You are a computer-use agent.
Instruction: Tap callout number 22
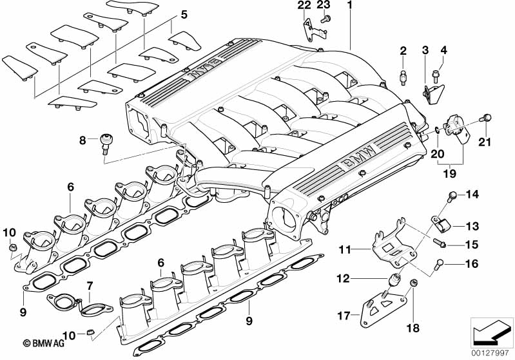(304, 6)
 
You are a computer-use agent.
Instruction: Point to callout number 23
(324, 6)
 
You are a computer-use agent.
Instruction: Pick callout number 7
(90, 285)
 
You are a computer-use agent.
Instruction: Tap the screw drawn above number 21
(488, 117)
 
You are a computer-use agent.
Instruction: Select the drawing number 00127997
(492, 352)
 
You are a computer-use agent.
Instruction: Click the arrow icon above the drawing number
(492, 333)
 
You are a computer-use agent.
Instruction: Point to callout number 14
(473, 194)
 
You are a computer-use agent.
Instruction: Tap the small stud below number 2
(403, 77)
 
